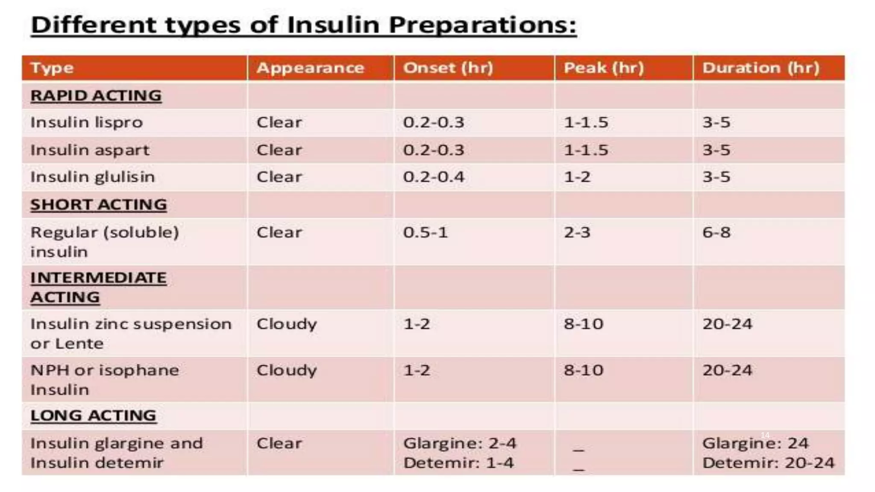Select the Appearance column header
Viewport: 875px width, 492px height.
coord(310,68)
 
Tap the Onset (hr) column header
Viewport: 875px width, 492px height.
coord(448,68)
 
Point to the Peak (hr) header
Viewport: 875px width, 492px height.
coord(603,68)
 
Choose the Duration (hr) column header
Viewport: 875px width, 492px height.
coord(760,68)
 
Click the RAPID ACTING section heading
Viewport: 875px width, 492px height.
coord(96,96)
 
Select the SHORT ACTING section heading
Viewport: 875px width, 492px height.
coord(98,205)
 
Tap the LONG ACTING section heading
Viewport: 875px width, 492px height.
coord(93,415)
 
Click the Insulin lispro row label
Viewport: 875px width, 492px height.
coord(86,123)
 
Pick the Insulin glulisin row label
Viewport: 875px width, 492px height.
coord(92,177)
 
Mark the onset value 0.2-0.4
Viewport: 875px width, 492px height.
coord(433,177)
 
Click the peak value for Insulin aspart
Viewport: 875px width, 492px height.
coord(586,150)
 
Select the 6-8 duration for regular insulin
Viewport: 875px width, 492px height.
coord(716,232)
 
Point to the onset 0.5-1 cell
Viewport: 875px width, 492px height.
coord(425,232)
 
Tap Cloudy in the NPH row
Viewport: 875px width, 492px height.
coord(286,370)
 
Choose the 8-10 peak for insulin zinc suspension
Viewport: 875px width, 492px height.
coord(583,324)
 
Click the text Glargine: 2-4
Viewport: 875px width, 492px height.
coord(460,443)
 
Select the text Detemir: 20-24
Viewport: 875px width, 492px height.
coord(768,463)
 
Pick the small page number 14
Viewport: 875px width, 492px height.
coord(765,435)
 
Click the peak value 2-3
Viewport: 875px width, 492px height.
coord(577,232)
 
